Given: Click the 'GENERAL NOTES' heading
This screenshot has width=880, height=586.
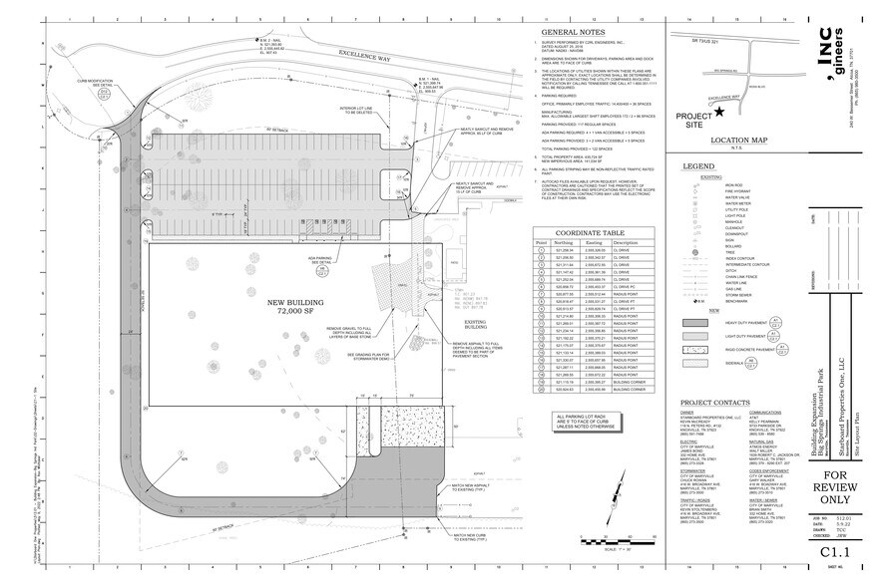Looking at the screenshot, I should (566, 32).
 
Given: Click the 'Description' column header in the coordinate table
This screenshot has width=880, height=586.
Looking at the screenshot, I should (626, 241).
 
